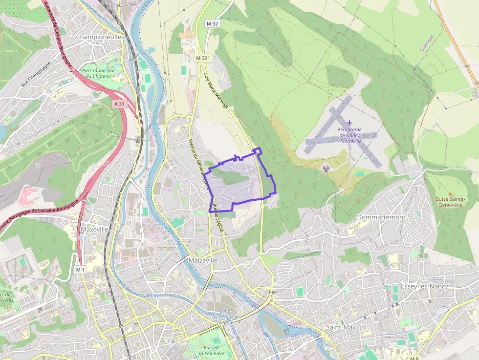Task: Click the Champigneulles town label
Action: (x=100, y=37)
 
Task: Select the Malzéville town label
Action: (x=203, y=261)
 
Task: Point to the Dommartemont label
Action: (x=382, y=217)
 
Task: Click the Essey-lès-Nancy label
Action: (x=424, y=286)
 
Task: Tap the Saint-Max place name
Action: (x=341, y=327)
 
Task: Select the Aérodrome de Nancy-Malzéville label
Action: (x=349, y=134)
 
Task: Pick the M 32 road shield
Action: (x=212, y=23)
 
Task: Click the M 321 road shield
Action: (x=204, y=58)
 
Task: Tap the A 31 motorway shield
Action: (x=119, y=104)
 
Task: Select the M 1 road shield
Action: (x=80, y=270)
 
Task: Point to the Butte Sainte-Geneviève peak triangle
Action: (x=450, y=194)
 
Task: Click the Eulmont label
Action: (x=427, y=43)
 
